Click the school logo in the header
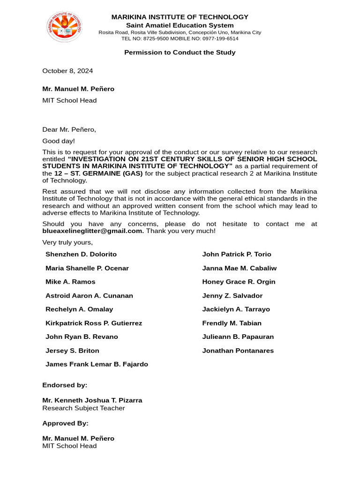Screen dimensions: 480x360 click(65, 27)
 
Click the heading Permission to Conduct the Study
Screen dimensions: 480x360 click(180, 52)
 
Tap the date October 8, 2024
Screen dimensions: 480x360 click(67, 71)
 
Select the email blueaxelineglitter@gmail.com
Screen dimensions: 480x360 click(93, 231)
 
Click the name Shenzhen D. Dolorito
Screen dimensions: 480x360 click(81, 254)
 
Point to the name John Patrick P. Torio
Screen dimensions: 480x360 click(236, 254)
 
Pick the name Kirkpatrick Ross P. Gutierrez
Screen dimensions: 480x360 click(94, 323)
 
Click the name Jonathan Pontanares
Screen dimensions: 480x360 click(238, 351)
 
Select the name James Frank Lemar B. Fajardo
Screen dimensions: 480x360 click(97, 364)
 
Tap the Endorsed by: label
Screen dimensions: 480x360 click(65, 385)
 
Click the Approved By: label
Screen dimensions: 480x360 click(65, 423)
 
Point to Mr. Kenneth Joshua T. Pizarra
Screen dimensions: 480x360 click(92, 400)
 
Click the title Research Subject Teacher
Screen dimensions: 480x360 click(83, 408)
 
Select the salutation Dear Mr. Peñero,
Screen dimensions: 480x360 click(69, 129)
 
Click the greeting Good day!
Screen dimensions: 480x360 click(59, 141)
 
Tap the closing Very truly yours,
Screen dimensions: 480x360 click(67, 242)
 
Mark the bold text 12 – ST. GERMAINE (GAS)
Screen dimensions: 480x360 click(98, 173)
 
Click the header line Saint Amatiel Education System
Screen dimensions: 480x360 click(180, 25)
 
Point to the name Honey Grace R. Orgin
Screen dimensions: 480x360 click(239, 282)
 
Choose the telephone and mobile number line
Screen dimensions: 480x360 click(180, 38)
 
